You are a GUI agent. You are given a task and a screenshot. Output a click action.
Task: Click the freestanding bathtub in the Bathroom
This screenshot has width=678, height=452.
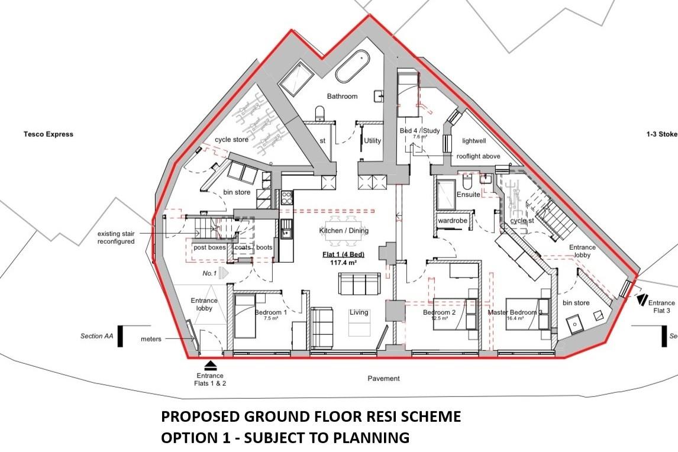(353, 66)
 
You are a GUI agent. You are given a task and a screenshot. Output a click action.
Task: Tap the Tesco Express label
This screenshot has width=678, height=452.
(49, 134)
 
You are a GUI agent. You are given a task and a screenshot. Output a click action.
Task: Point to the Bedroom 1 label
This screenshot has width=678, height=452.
(271, 312)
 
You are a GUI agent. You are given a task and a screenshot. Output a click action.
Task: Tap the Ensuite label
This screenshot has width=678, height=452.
(468, 195)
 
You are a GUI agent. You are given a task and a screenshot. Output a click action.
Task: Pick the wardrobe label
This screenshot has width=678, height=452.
(453, 221)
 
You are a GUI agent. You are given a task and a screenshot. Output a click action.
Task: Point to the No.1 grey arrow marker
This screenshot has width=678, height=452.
(223, 273)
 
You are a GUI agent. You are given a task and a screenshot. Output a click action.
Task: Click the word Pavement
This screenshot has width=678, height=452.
(383, 379)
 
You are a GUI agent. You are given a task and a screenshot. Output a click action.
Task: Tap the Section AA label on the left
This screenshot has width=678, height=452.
(96, 336)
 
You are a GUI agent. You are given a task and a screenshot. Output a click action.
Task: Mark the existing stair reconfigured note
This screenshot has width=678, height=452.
(117, 238)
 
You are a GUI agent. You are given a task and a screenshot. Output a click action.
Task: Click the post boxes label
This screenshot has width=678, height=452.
(209, 247)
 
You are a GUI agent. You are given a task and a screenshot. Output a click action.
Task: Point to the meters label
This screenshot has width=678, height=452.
(151, 340)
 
